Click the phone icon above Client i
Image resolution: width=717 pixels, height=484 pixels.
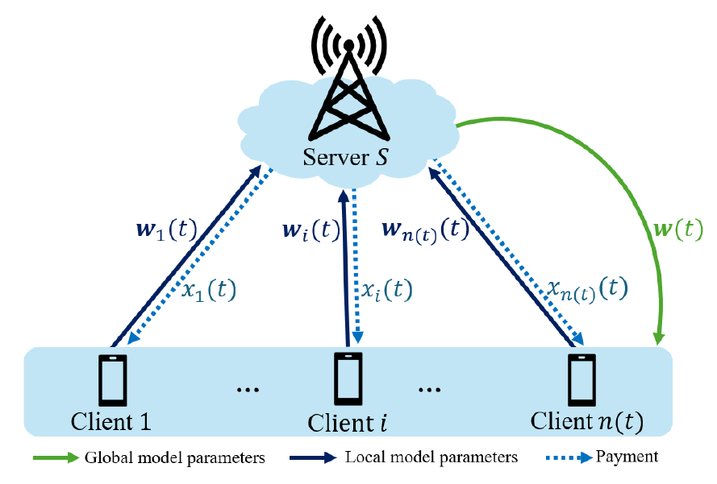[348, 379]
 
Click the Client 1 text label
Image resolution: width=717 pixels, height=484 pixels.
[112, 420]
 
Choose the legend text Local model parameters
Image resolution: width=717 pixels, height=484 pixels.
[431, 457]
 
